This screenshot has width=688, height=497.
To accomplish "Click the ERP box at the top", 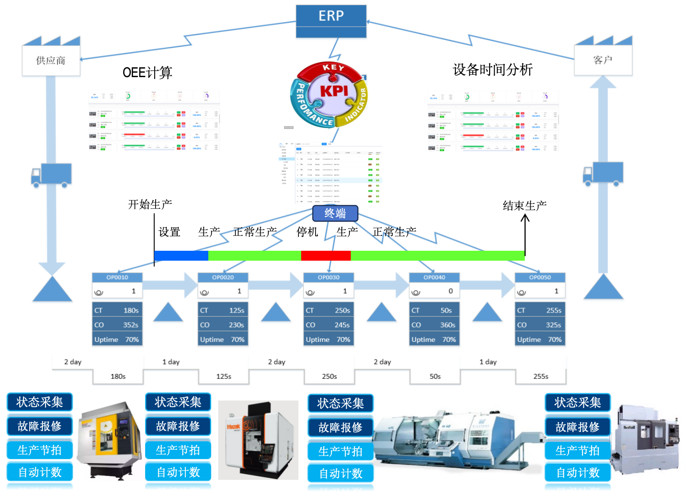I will point(331,16).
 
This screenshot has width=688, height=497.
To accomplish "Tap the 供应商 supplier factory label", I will point(51,60).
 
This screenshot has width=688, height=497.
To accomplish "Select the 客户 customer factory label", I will point(603,60).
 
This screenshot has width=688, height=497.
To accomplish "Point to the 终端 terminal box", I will point(335,213).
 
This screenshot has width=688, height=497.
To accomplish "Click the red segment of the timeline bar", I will point(326,256).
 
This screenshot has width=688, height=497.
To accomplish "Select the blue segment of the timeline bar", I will point(181,256).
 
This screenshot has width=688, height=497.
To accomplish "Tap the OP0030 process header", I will point(329,277).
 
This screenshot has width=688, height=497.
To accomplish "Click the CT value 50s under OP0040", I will point(446,310).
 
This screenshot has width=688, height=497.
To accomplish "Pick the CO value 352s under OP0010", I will point(130,325).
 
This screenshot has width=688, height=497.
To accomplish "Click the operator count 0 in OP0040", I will point(450,291).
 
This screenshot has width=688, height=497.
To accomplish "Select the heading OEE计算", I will point(147,73).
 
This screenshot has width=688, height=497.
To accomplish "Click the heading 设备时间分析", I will point(492,70).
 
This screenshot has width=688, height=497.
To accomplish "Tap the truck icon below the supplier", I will point(51,175).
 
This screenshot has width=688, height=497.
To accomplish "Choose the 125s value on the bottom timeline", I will point(224,376).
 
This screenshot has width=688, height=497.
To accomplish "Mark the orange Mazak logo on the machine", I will point(234,426).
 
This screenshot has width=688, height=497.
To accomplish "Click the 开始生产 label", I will point(150,205).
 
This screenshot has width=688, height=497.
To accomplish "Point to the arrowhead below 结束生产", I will point(525,218).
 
